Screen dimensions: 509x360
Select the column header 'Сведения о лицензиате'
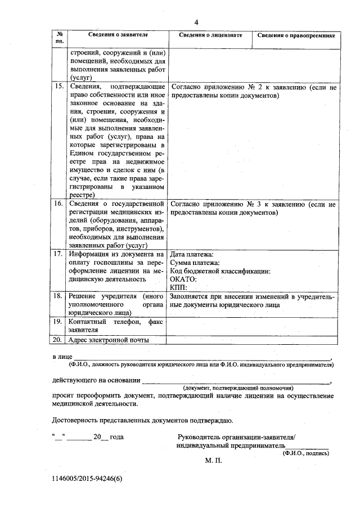tap(210, 35)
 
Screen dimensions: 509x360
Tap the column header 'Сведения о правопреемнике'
tap(296, 35)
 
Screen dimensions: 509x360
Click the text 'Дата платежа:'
tap(192, 254)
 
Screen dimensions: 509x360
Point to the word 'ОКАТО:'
tap(183, 279)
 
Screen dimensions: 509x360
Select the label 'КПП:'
tap(178, 287)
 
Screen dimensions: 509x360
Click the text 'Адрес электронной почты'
tap(108, 340)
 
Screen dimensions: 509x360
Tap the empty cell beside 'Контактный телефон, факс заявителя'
tap(253, 326)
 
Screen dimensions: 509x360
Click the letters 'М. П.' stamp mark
tap(214, 460)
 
